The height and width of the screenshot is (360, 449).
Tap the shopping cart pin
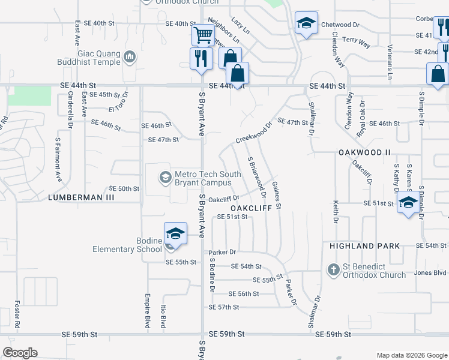[x=203, y=35]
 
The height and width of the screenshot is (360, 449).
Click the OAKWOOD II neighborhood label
[x=364, y=152]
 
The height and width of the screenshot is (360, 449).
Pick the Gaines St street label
[x=277, y=195]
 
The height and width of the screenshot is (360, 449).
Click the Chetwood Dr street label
[x=340, y=25]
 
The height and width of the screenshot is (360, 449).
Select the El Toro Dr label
[x=119, y=103]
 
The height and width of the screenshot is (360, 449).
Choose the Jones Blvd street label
[x=430, y=273]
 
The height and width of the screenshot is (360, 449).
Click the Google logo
[x=20, y=353]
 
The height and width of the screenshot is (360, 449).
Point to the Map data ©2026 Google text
[x=411, y=355]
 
